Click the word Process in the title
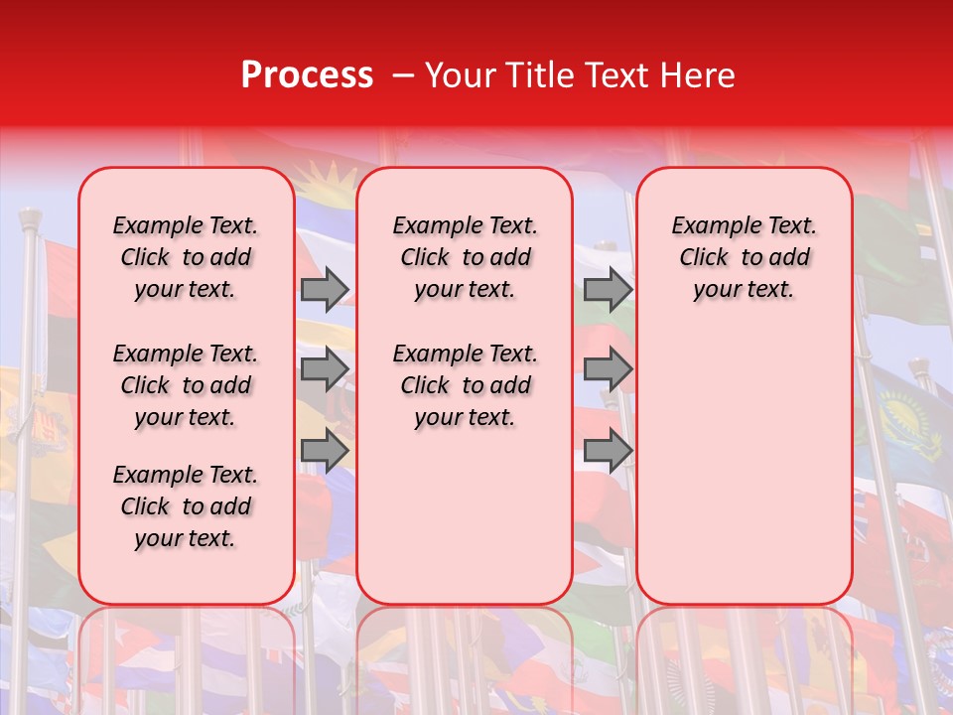(x=307, y=75)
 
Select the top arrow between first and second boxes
(x=325, y=289)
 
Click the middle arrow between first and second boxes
(x=325, y=369)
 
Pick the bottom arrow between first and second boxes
(x=325, y=451)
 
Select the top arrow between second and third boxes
(x=608, y=289)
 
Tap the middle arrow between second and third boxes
(x=608, y=369)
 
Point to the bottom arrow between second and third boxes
(x=608, y=451)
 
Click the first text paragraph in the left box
(x=186, y=257)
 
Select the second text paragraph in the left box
(x=186, y=385)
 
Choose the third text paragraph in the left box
(x=186, y=506)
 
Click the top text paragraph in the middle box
(x=465, y=257)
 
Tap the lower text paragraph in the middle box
(x=465, y=385)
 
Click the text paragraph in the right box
(x=744, y=257)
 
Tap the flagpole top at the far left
(x=30, y=217)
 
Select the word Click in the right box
(x=704, y=257)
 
